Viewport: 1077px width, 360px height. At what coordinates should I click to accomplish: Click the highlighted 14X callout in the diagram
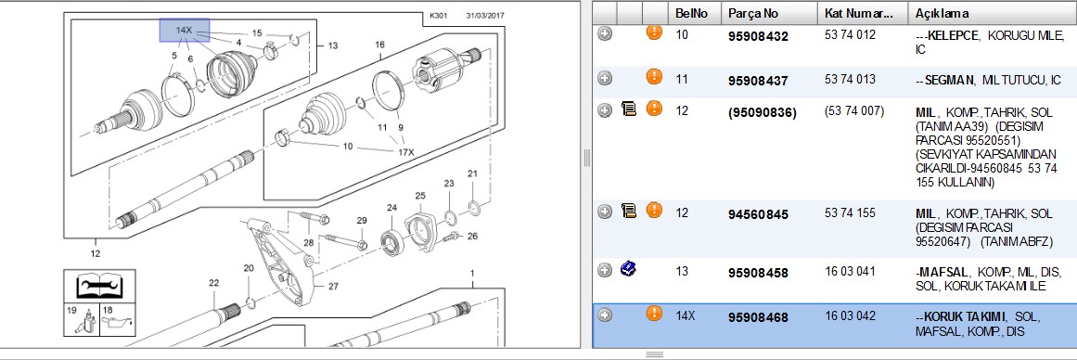184,31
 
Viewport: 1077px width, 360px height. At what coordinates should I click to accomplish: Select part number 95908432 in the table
758,36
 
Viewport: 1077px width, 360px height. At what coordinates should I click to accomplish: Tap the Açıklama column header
942,13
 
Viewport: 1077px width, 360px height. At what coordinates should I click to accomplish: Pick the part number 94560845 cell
758,215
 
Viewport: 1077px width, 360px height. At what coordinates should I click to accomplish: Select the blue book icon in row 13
627,269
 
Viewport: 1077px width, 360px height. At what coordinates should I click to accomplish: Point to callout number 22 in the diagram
214,283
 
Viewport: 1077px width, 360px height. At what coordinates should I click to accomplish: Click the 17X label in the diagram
406,152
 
